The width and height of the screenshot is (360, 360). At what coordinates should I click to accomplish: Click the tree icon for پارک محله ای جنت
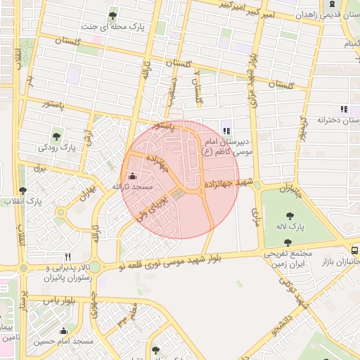point(112,15)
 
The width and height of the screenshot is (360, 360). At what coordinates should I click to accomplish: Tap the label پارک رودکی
point(57,148)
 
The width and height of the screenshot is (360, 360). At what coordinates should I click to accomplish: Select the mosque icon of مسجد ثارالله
point(134,176)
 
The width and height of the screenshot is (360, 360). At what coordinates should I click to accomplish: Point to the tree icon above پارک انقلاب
point(23,191)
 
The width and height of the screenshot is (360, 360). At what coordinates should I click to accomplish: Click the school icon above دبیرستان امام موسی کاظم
point(226,130)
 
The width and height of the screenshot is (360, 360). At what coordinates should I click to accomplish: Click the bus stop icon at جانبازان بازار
point(355,250)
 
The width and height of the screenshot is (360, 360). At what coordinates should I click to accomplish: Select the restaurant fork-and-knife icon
point(67,257)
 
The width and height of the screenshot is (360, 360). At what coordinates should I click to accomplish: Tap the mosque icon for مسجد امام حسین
point(65,331)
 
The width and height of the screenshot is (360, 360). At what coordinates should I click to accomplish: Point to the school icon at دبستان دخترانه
point(343,109)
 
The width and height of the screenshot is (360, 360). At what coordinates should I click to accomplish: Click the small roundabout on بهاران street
point(61,212)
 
